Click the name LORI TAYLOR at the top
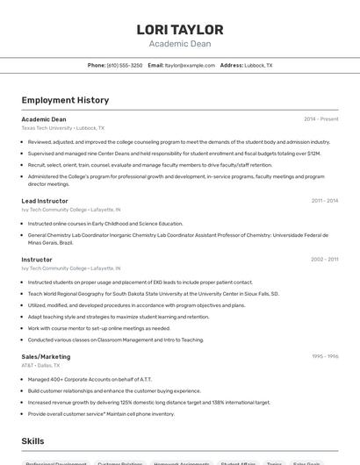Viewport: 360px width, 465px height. (179, 30)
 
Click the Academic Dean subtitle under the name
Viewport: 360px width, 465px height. (179, 44)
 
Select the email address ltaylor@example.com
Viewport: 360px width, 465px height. (190, 66)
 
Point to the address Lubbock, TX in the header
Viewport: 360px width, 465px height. (258, 66)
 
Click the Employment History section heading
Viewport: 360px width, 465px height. (65, 100)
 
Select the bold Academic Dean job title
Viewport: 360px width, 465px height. (44, 119)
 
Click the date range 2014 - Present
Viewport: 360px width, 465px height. (320, 119)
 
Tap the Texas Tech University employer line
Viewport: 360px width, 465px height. (62, 128)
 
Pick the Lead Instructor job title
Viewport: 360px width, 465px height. (45, 201)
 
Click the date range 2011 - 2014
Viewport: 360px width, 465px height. (324, 201)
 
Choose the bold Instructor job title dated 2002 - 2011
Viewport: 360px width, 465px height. (37, 260)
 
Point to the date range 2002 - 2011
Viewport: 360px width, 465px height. (324, 260)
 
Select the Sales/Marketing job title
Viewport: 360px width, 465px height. (46, 357)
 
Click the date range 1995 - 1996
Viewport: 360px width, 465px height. (324, 357)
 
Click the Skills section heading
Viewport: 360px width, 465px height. (33, 441)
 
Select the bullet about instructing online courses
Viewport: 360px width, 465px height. (105, 224)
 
